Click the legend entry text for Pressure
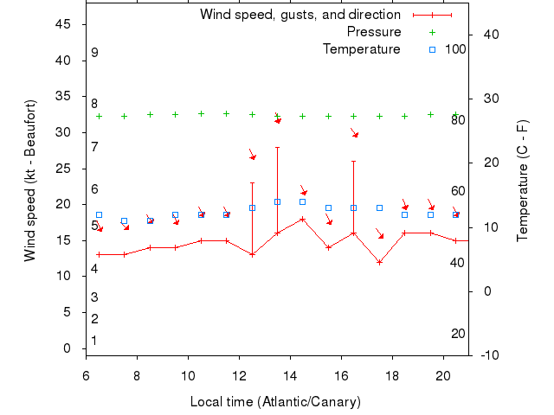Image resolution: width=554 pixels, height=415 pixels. tap(373, 32)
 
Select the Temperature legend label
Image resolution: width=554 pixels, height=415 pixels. tap(362, 49)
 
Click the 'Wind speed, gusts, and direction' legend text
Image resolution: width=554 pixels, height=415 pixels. tap(300, 15)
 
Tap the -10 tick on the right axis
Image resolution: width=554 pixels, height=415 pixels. tap(488, 354)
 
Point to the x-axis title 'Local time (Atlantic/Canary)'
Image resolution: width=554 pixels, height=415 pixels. tap(275, 402)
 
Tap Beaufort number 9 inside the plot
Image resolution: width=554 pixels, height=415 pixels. tap(94, 53)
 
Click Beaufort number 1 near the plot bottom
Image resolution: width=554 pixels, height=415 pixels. tap(94, 341)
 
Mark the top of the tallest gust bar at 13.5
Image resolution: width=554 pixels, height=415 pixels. tap(278, 147)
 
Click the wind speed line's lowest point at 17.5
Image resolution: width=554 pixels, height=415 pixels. tap(379, 262)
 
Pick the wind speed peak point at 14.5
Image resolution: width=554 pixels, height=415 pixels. tap(303, 219)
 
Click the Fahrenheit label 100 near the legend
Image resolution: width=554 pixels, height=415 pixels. tap(456, 48)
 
